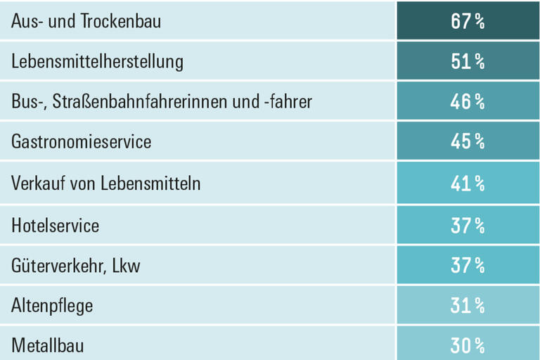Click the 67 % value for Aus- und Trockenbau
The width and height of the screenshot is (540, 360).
coord(468,21)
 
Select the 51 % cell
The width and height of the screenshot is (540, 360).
coord(468,62)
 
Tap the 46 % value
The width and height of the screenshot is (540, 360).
coord(468,103)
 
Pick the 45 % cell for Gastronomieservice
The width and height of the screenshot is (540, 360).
coord(468,143)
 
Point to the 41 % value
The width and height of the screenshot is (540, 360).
coord(468,184)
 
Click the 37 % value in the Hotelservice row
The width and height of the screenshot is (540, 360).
coord(468,225)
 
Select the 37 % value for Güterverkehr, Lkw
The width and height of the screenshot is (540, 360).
coord(468,266)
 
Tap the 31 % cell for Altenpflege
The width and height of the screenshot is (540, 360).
coord(468,306)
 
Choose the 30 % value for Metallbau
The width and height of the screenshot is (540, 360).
coord(468,346)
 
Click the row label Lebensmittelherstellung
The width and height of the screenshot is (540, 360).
coord(97,62)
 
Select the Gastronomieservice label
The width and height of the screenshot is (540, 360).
coord(81,143)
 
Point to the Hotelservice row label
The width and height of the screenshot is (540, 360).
coord(55,225)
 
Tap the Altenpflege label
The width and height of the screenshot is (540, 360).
coord(52,307)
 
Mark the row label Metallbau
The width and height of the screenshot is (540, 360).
coord(47,346)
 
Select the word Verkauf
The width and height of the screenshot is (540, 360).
coord(35,184)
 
